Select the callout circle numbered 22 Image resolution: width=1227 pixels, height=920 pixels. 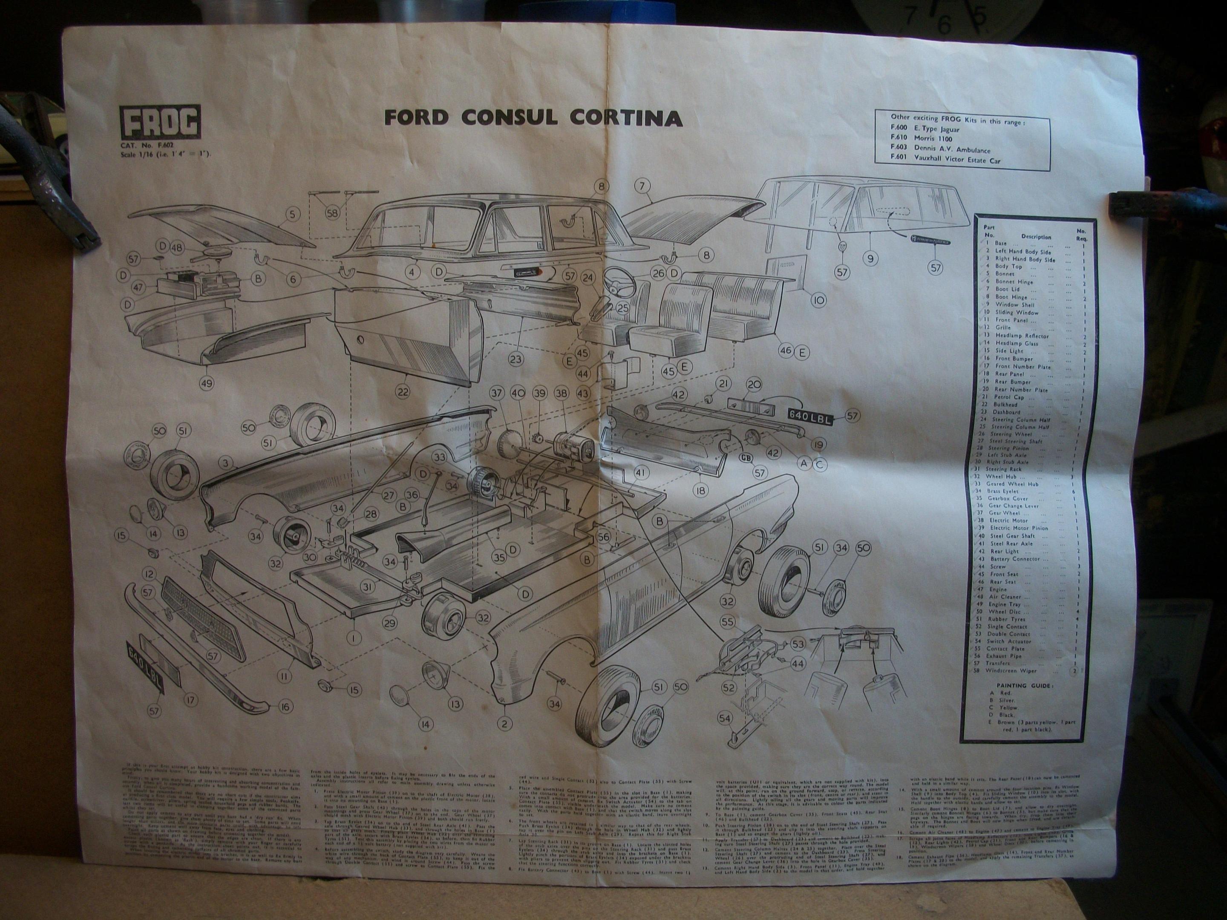tap(402, 391)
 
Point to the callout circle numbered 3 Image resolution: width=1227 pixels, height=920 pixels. tap(224, 463)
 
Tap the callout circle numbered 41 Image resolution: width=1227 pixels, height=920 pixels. tap(641, 472)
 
